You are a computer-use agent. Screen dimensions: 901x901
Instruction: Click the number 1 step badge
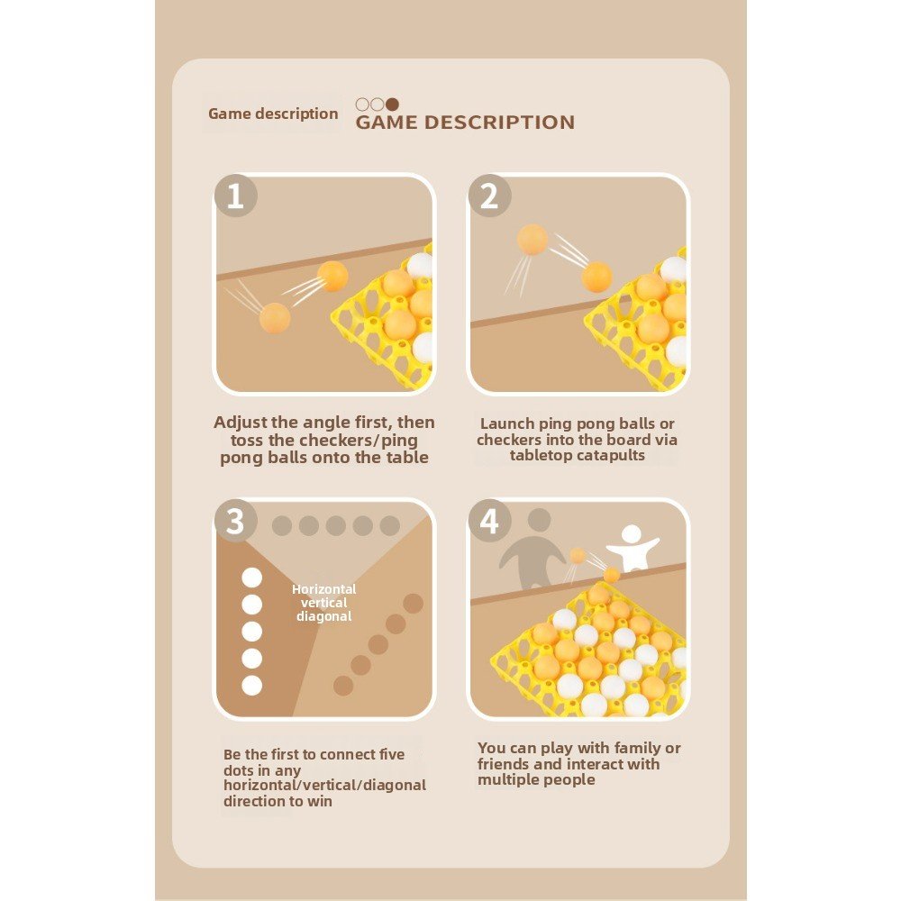tap(235, 196)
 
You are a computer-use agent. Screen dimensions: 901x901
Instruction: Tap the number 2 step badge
tap(489, 196)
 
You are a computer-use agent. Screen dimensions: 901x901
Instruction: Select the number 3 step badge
tap(235, 521)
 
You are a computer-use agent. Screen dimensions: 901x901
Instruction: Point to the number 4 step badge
tap(489, 521)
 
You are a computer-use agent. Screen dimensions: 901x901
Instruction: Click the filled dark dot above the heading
tap(392, 104)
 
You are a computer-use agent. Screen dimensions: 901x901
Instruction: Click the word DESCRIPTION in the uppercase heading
tap(499, 123)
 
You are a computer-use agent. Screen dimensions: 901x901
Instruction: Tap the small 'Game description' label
tap(273, 114)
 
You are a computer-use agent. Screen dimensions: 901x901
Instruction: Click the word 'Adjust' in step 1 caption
tap(241, 423)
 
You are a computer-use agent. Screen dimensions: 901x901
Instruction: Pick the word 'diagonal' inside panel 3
tap(324, 616)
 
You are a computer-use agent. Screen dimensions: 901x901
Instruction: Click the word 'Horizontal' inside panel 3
tap(324, 589)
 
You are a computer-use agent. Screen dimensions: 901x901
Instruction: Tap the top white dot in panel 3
tap(251, 578)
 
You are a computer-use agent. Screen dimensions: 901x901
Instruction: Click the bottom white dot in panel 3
tap(251, 685)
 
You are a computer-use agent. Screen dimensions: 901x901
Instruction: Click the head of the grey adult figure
tap(539, 520)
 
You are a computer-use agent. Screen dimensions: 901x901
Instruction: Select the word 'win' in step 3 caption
tap(320, 801)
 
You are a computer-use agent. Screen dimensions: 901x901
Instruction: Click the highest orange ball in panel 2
tap(532, 239)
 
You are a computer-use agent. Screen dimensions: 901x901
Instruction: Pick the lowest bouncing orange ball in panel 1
tap(275, 318)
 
